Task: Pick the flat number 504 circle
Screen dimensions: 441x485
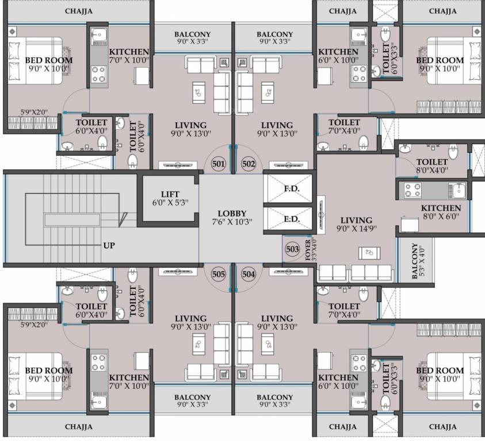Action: point(249,274)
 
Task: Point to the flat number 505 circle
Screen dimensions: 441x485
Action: point(218,274)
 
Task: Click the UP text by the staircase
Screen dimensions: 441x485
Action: point(109,246)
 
